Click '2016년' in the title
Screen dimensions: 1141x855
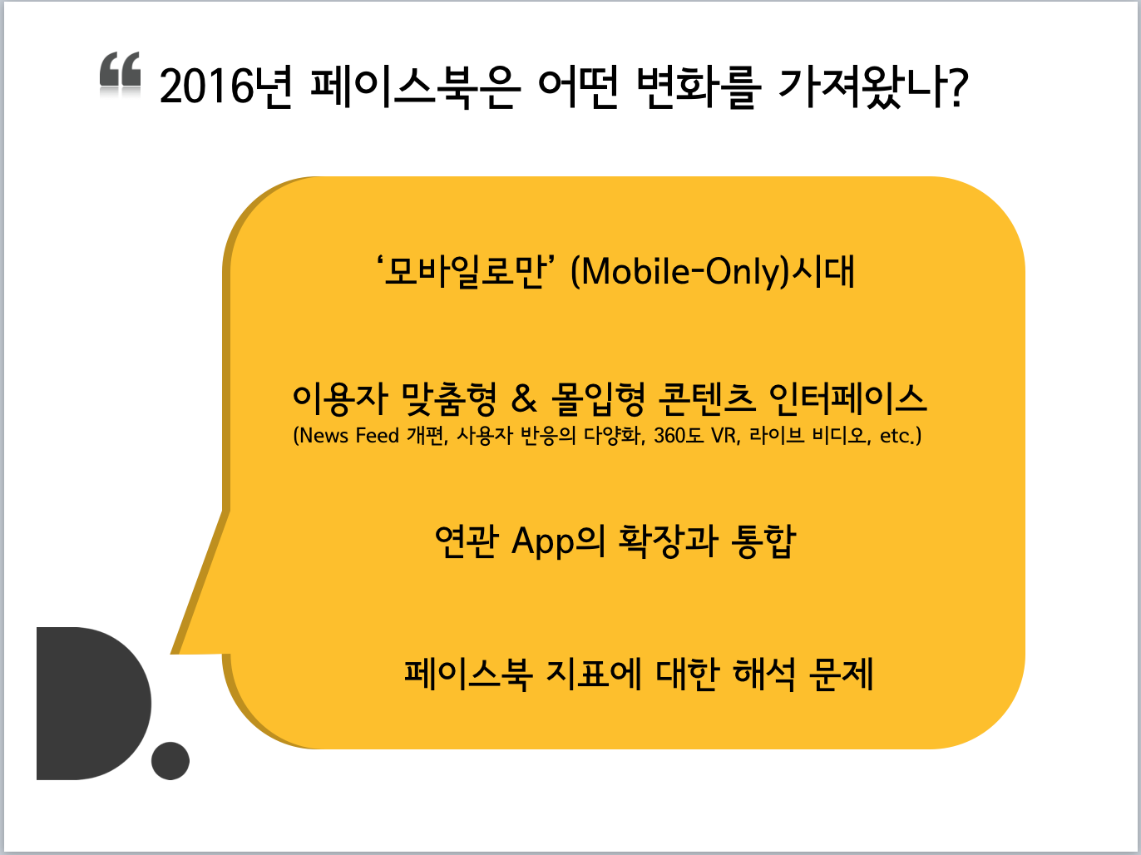(227, 87)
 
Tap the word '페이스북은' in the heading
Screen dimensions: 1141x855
(415, 87)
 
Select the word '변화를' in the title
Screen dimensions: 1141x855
(699, 87)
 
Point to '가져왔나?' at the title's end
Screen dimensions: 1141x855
(873, 87)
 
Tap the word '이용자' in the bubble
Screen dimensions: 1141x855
(340, 399)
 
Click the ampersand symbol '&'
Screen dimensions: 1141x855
(523, 399)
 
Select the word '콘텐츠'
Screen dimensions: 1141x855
(707, 399)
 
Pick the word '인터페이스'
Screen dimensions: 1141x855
(848, 399)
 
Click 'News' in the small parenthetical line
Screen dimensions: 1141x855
(324, 436)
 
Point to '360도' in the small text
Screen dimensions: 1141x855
(679, 436)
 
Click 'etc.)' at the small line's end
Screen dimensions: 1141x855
(901, 436)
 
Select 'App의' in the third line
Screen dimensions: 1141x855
(558, 541)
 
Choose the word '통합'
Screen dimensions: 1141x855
(763, 541)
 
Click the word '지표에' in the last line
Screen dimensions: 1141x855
(594, 675)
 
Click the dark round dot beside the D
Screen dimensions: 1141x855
(170, 760)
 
